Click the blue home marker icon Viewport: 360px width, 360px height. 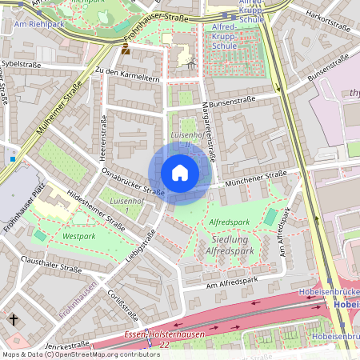tap(180, 173)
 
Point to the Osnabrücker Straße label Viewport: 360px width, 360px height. tap(134, 181)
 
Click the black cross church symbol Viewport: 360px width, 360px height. tap(14, 320)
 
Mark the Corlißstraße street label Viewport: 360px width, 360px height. tap(121, 305)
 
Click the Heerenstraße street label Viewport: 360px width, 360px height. tap(102, 136)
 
